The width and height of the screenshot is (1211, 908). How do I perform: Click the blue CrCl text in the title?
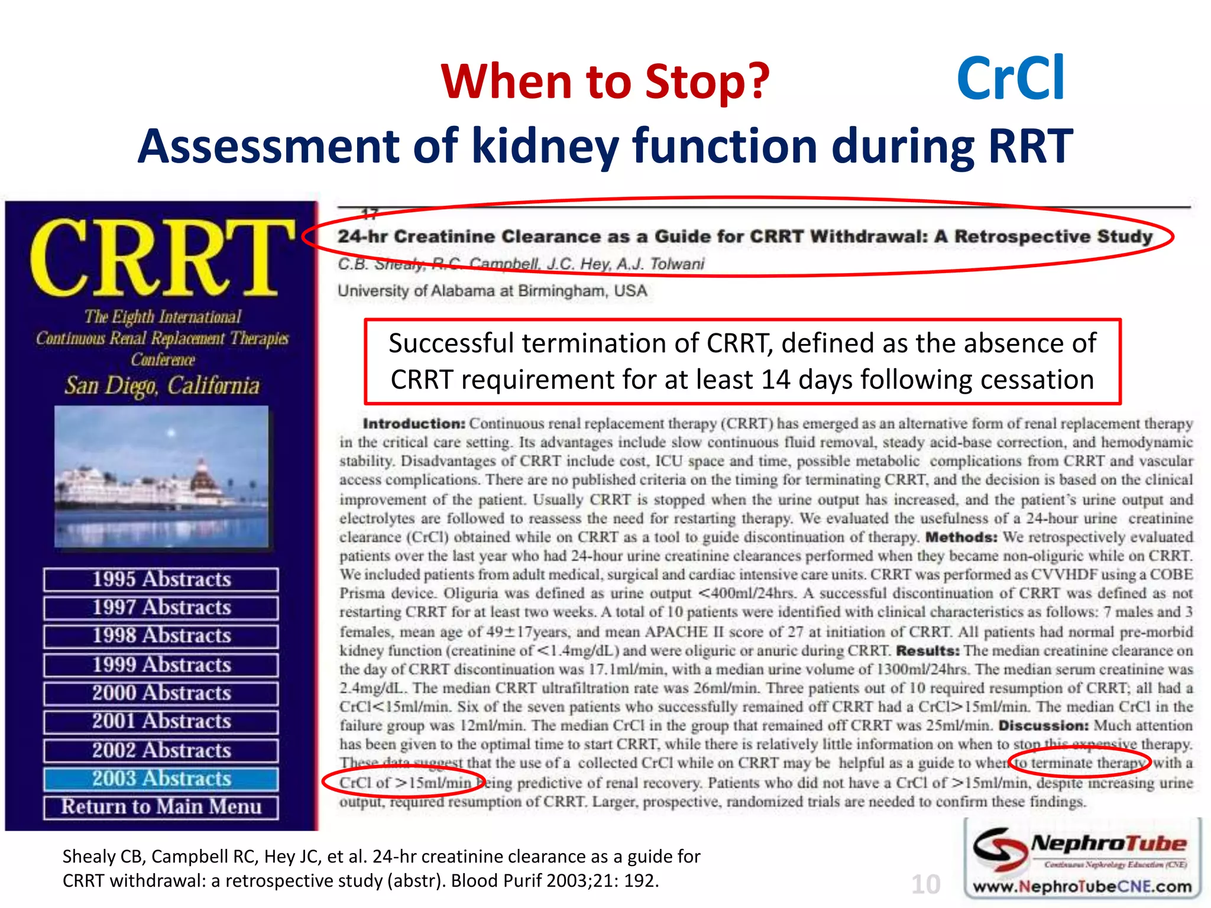point(1011,79)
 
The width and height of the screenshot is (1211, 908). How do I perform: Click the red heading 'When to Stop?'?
point(605,82)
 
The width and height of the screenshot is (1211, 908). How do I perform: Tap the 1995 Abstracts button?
point(161,579)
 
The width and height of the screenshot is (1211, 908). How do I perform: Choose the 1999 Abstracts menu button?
point(161,665)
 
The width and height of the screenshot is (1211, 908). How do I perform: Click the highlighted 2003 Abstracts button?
point(161,779)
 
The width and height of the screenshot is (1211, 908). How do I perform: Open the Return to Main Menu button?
point(161,807)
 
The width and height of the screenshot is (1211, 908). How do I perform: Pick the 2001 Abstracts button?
point(161,722)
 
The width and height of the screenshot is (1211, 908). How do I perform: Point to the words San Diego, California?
point(162,386)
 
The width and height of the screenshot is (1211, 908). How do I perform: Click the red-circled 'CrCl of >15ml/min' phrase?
point(405,783)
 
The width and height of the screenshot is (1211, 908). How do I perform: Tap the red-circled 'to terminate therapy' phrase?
point(1079,763)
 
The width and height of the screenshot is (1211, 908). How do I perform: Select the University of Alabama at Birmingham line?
point(492,291)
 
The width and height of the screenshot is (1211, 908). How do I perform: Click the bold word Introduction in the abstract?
point(414,423)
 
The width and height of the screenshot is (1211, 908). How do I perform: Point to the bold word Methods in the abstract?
point(961,537)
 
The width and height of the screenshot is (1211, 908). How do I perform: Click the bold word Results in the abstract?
point(927,650)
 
